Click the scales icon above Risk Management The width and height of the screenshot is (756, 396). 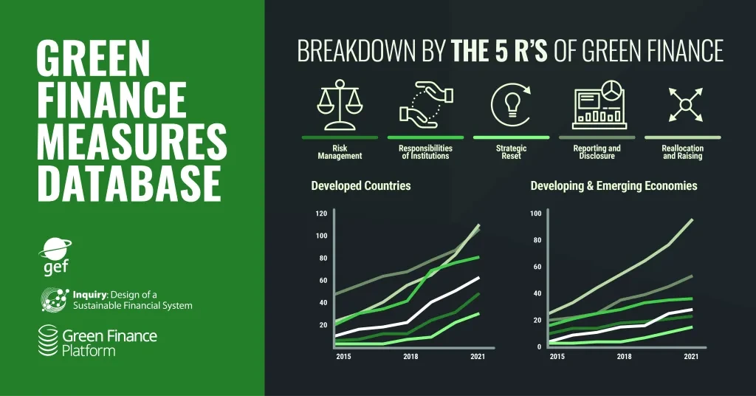pos(340,105)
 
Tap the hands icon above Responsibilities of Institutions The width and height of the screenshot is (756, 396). pos(426,105)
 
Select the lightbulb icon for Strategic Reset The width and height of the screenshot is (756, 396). pos(511,105)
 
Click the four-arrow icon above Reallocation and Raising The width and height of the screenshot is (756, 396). pos(686,104)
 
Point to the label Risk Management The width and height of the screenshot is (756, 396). pos(340,152)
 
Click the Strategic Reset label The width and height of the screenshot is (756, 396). pos(511,152)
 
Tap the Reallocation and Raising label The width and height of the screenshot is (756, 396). pos(683,152)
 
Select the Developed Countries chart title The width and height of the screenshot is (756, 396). pos(361,185)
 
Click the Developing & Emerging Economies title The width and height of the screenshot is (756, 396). pos(614,185)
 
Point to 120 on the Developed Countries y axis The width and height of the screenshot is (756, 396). pos(322,214)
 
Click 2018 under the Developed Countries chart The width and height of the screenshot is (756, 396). pos(410,356)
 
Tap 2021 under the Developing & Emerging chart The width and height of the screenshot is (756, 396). pos(691,356)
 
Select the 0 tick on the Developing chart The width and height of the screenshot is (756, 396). pos(539,346)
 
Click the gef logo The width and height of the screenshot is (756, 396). pos(55,256)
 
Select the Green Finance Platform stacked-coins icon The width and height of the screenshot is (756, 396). pos(48,341)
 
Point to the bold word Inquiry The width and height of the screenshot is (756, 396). pos(89,294)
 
